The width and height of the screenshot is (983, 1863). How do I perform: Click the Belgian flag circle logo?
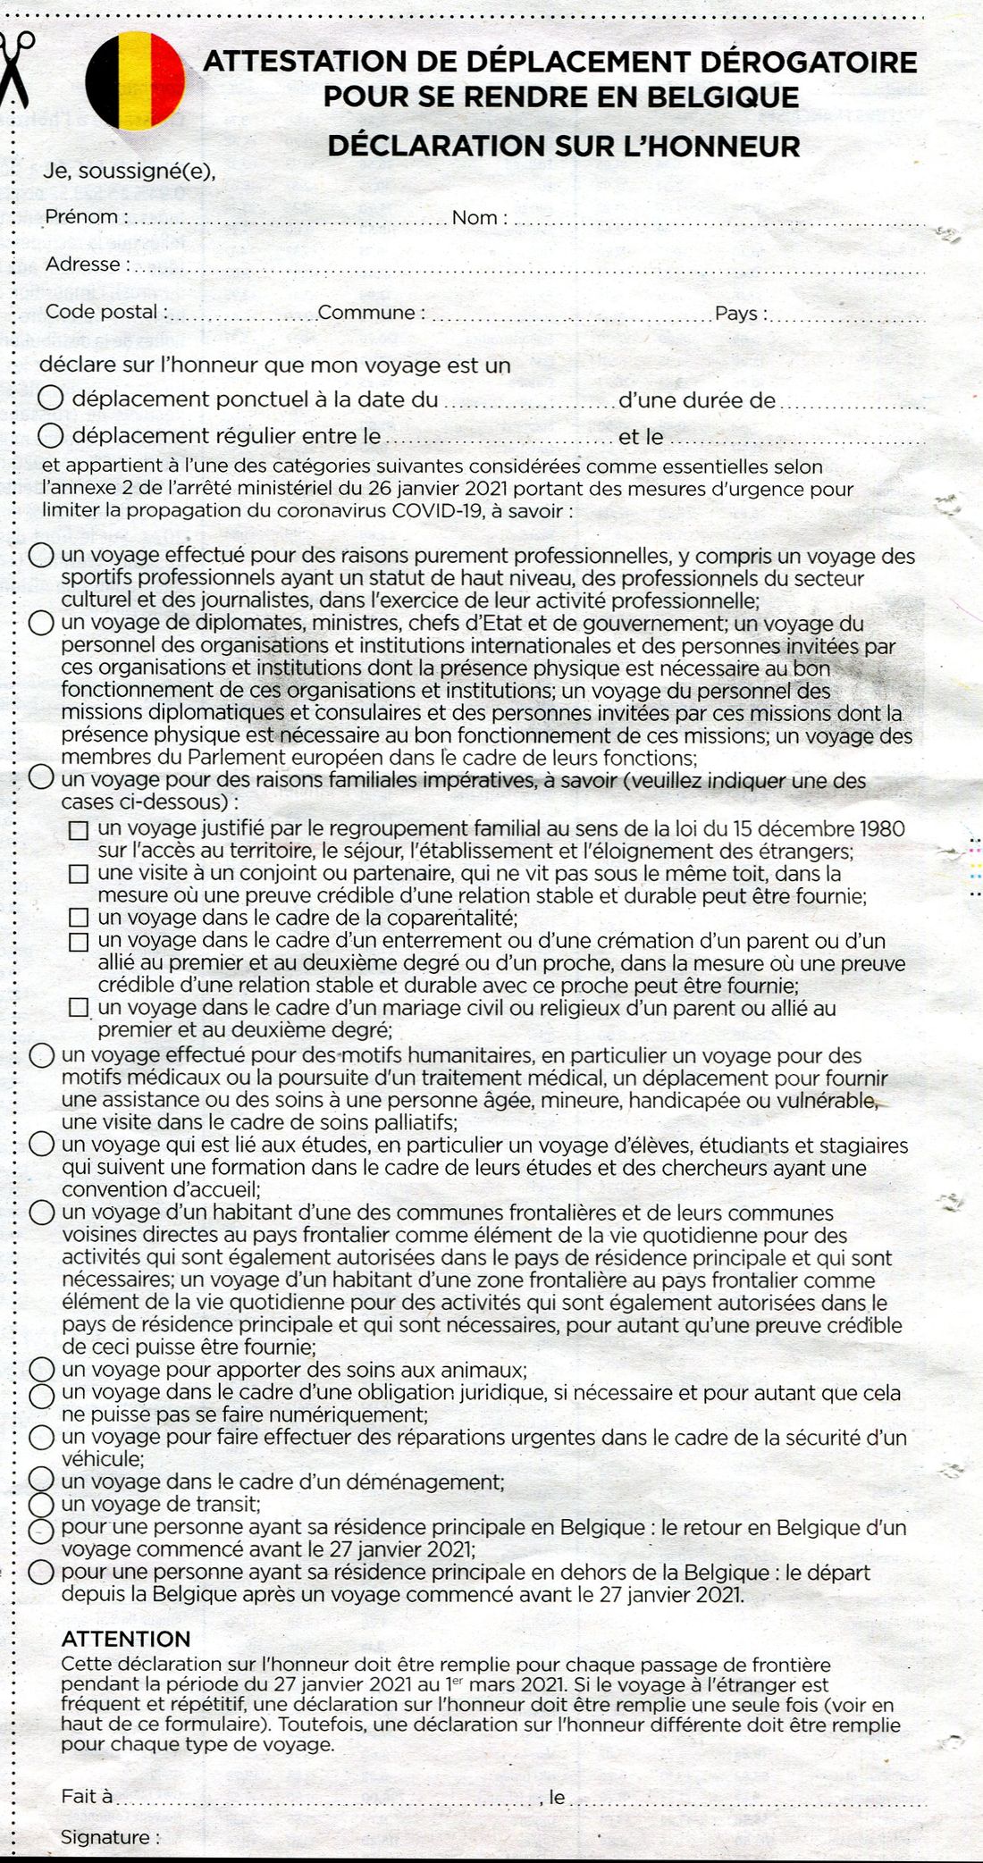pyautogui.click(x=135, y=81)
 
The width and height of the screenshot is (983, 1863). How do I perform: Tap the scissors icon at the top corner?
pyautogui.click(x=16, y=68)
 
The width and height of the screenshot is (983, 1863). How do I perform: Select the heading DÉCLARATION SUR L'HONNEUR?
pyautogui.click(x=564, y=146)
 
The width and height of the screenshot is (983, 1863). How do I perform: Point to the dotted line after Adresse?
pyautogui.click(x=527, y=265)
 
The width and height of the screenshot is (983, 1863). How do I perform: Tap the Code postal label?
pyautogui.click(x=105, y=313)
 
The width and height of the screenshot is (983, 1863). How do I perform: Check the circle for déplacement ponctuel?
pyautogui.click(x=52, y=399)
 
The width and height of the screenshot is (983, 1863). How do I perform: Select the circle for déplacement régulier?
pyautogui.click(x=52, y=436)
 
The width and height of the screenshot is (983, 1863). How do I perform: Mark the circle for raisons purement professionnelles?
pyautogui.click(x=41, y=556)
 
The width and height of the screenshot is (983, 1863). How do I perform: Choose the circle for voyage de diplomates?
pyautogui.click(x=41, y=623)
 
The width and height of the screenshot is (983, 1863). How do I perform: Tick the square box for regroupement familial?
pyautogui.click(x=80, y=830)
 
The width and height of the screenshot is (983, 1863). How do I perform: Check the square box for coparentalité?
pyautogui.click(x=80, y=918)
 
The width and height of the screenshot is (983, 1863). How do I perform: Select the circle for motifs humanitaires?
pyautogui.click(x=41, y=1056)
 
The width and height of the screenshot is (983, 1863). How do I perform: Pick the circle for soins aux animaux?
pyautogui.click(x=41, y=1369)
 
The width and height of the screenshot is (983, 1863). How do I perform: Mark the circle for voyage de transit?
pyautogui.click(x=41, y=1505)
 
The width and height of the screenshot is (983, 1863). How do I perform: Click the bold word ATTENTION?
pyautogui.click(x=126, y=1639)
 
